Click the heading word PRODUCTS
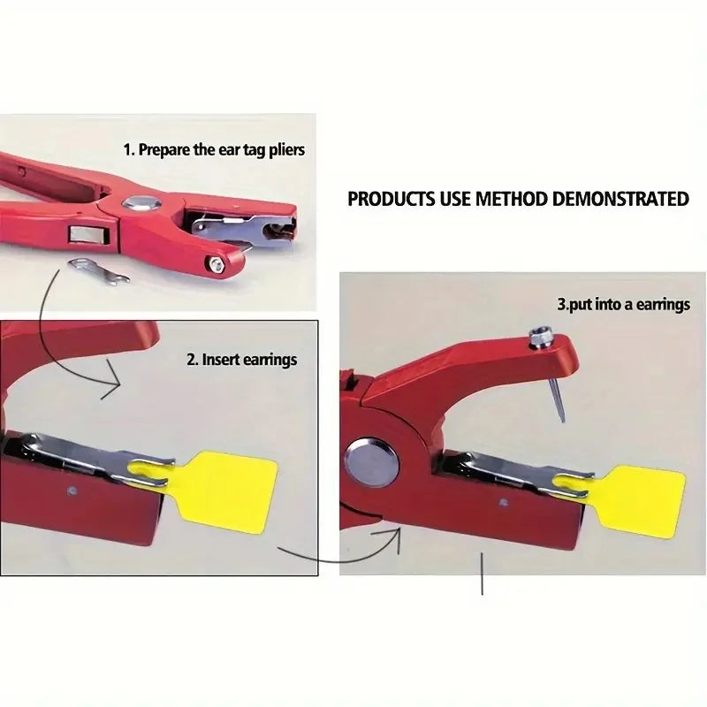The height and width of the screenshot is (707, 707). pos(392,198)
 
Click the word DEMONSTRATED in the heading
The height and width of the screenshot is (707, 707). pos(620,198)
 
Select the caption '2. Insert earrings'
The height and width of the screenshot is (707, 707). pos(241,360)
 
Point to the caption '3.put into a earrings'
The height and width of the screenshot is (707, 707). pos(623,304)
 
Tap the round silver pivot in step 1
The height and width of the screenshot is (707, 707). pos(139,203)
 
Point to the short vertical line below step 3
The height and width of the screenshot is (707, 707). pos(482,575)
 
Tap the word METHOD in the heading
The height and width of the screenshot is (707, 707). pos(512,198)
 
